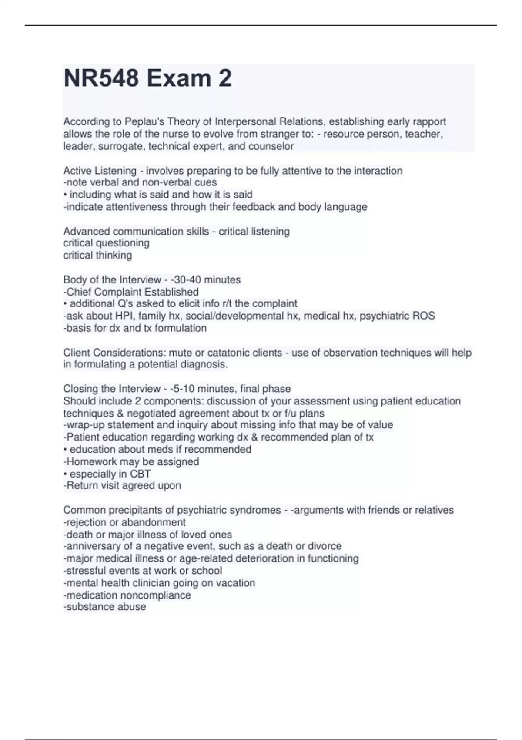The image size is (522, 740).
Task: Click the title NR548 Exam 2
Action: pos(147,79)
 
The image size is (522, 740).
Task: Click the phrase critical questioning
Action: pos(106,243)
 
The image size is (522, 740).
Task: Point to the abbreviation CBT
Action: pos(141,474)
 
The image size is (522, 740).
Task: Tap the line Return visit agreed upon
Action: pos(122,485)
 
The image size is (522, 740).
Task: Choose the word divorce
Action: pos(325,546)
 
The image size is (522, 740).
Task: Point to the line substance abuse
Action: pos(105,607)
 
